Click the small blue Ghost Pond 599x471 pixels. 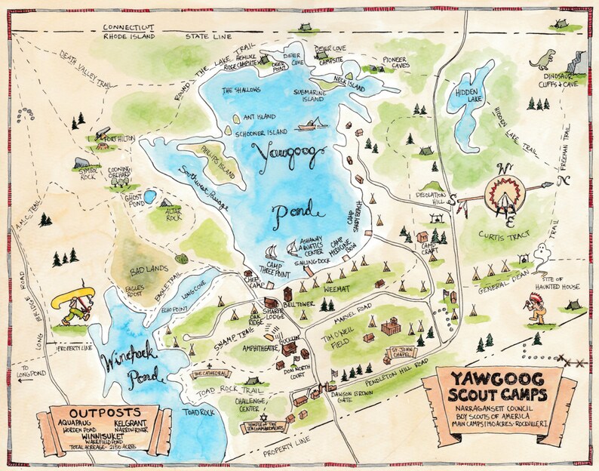tap(150, 198)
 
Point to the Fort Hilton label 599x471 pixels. tap(122, 139)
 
